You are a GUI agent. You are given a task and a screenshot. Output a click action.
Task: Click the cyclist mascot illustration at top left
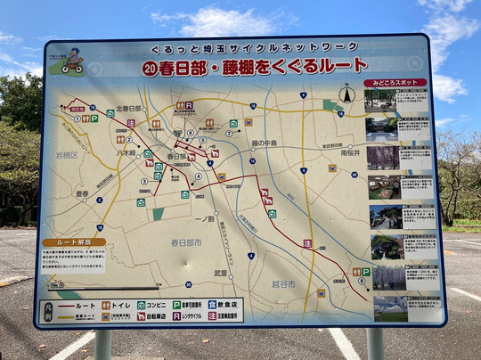click(x=71, y=61)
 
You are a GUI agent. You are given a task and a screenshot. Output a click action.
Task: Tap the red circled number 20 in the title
click(x=151, y=68)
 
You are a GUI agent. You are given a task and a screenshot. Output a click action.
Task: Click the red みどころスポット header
click(x=395, y=83)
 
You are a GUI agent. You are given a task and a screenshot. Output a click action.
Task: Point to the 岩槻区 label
click(x=68, y=154)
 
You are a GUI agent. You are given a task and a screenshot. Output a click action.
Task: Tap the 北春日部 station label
click(x=128, y=109)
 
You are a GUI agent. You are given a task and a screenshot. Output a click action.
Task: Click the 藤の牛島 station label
click(x=265, y=143)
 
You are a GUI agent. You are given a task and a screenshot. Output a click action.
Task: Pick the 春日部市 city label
click(x=186, y=241)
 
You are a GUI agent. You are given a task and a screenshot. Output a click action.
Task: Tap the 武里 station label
click(x=220, y=273)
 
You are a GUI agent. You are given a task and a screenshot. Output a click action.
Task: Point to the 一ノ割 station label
click(x=204, y=218)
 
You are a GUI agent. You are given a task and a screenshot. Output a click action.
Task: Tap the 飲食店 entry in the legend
click(x=225, y=303)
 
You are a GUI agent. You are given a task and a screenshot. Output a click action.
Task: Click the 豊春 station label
click(x=83, y=193)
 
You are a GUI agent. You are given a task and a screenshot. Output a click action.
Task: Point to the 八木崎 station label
click(x=126, y=151)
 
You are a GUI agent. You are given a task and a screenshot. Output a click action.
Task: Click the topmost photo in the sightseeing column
click(x=380, y=101)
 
